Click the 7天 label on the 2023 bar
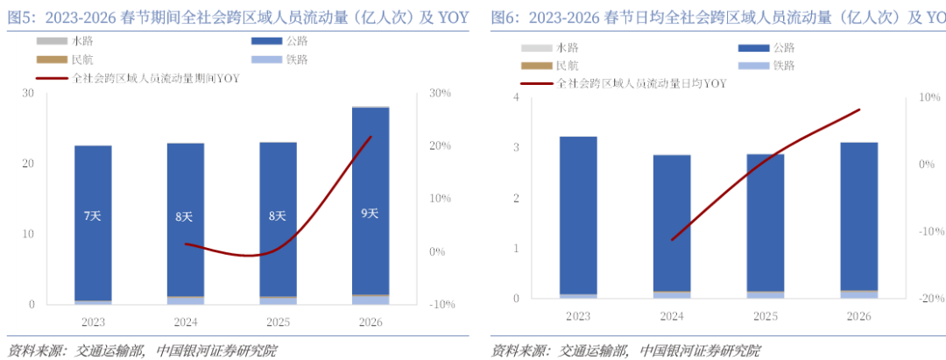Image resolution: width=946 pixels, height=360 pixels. (x=93, y=215)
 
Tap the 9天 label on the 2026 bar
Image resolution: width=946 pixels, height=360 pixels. (x=370, y=213)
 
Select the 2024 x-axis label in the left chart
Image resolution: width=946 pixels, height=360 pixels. (x=185, y=321)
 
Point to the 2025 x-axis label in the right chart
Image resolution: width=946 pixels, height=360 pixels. (x=765, y=314)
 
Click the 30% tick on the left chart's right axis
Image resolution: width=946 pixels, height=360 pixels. (x=439, y=93)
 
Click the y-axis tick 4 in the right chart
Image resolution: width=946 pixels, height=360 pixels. (x=516, y=97)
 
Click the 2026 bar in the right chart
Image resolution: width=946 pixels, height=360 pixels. (x=858, y=219)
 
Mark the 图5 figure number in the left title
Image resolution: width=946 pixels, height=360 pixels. (x=21, y=17)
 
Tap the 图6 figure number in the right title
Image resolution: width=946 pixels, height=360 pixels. (x=505, y=17)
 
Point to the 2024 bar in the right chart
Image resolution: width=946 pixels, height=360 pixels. (x=672, y=226)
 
